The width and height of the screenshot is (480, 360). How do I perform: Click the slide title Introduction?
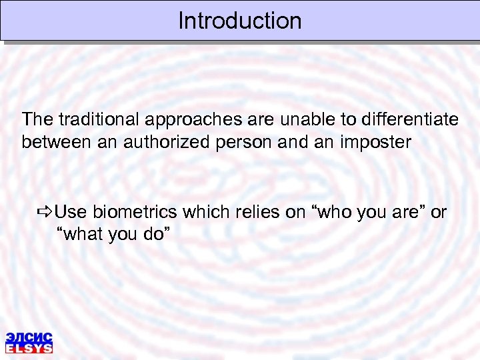(x=240, y=21)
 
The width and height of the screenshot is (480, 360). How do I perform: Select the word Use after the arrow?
(x=71, y=212)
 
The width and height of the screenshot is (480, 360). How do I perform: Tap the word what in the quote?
(x=82, y=234)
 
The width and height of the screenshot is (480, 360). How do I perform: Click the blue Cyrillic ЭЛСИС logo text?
(x=29, y=337)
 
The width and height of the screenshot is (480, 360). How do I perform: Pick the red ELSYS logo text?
(x=29, y=347)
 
